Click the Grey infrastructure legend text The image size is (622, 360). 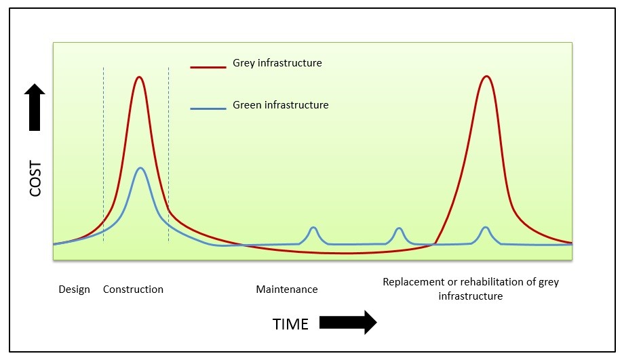tap(277, 63)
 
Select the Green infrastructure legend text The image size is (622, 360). tap(280, 105)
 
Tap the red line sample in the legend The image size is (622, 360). tap(208, 66)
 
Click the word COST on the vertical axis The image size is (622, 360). tap(36, 178)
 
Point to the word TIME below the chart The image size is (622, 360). tap(290, 324)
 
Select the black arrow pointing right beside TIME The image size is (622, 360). tap(347, 323)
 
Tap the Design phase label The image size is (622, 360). tap(74, 289)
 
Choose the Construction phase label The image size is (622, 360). tap(133, 289)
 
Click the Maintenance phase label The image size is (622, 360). tap(286, 289)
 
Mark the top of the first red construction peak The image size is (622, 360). tap(139, 77)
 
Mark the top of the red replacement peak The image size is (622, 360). tap(485, 76)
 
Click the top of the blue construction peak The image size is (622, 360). tap(140, 167)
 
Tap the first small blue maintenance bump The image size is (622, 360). tap(313, 228)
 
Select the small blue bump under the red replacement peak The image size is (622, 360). tap(485, 228)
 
